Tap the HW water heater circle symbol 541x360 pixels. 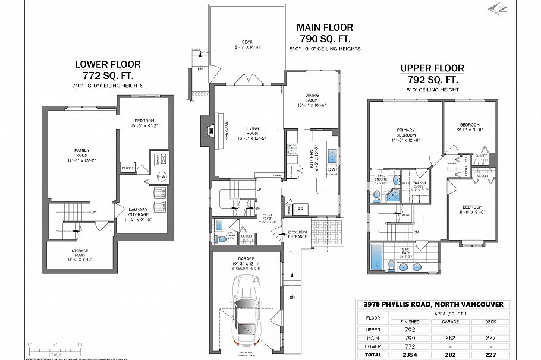click(x=162, y=176)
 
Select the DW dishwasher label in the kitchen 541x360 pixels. click(x=332, y=170)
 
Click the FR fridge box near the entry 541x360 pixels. click(x=301, y=210)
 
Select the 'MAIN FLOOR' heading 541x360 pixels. click(x=325, y=27)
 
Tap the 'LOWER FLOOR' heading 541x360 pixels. click(x=108, y=64)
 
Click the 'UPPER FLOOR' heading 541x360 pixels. click(x=432, y=68)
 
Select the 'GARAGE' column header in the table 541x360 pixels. click(x=449, y=321)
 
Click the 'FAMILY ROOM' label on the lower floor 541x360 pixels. click(x=81, y=154)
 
